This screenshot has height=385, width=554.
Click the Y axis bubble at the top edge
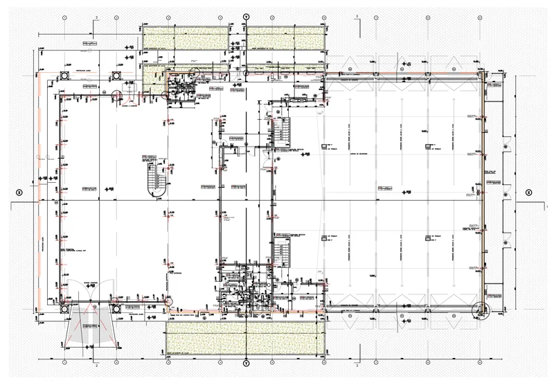pyautogui.click(x=245, y=16)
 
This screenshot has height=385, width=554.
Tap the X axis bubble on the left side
pyautogui.click(x=19, y=192)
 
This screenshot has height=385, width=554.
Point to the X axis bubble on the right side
pyautogui.click(x=528, y=192)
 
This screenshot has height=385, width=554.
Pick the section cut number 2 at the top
pyautogui.click(x=97, y=15)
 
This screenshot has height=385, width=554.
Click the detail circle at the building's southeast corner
pyautogui.click(x=479, y=309)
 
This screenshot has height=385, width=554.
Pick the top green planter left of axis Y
pyautogui.click(x=186, y=37)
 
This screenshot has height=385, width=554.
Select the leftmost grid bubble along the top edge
pyautogui.click(x=65, y=16)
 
